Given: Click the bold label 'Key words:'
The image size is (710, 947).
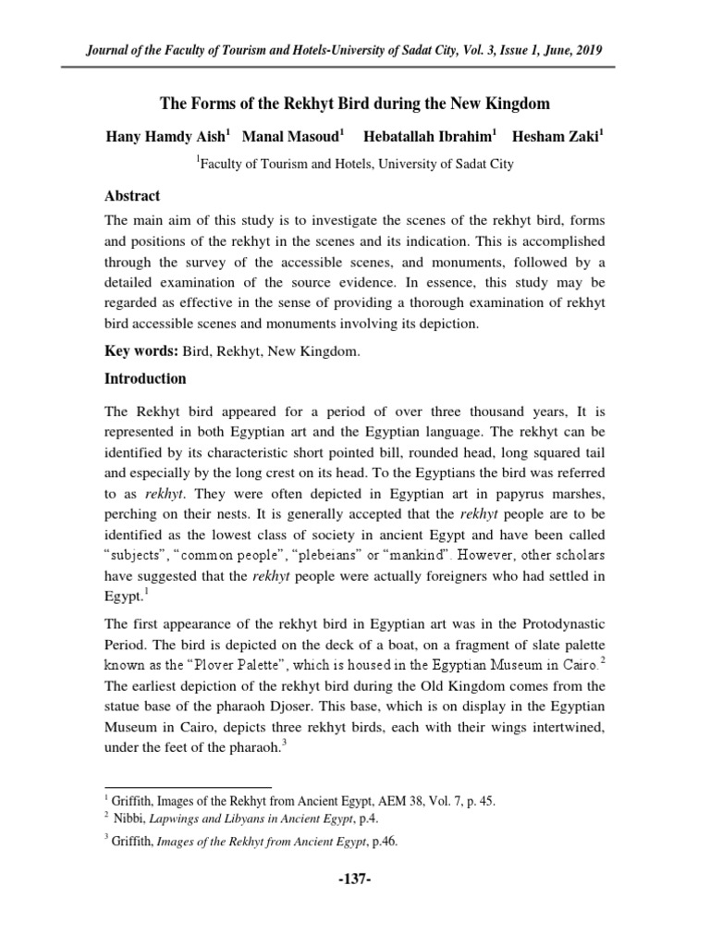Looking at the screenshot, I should pyautogui.click(x=135, y=351).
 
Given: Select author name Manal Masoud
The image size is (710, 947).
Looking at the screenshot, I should pyautogui.click(x=290, y=135).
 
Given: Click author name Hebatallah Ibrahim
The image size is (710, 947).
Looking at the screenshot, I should pyautogui.click(x=428, y=135).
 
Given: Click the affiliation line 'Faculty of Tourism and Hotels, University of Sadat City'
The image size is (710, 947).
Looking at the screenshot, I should pyautogui.click(x=355, y=165).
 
